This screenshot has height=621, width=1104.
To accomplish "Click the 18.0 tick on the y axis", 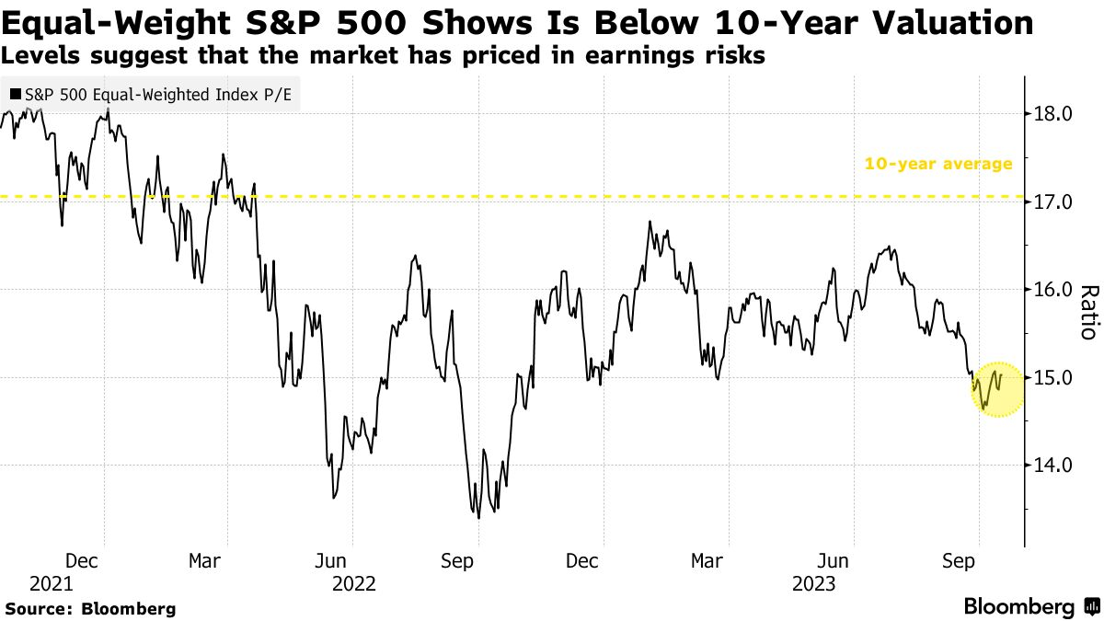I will [x=1054, y=114].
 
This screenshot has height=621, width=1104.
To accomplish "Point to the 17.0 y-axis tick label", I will [x=1054, y=201].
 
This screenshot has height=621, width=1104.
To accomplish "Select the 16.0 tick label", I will [x=1054, y=289].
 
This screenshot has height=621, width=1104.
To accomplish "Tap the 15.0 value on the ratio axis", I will [x=1054, y=377].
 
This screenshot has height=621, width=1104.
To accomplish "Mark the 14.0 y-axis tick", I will [x=1054, y=465].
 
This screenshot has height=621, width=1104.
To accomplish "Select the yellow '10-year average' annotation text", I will [x=937, y=165].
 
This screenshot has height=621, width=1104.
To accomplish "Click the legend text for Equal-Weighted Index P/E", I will [x=157, y=94].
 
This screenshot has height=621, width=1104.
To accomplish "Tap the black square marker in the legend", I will [x=16, y=94].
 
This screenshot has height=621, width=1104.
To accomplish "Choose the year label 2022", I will [x=354, y=583].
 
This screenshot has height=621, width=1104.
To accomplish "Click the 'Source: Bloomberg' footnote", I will [x=90, y=608].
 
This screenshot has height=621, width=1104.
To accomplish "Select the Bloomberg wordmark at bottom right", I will [x=1018, y=606].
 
